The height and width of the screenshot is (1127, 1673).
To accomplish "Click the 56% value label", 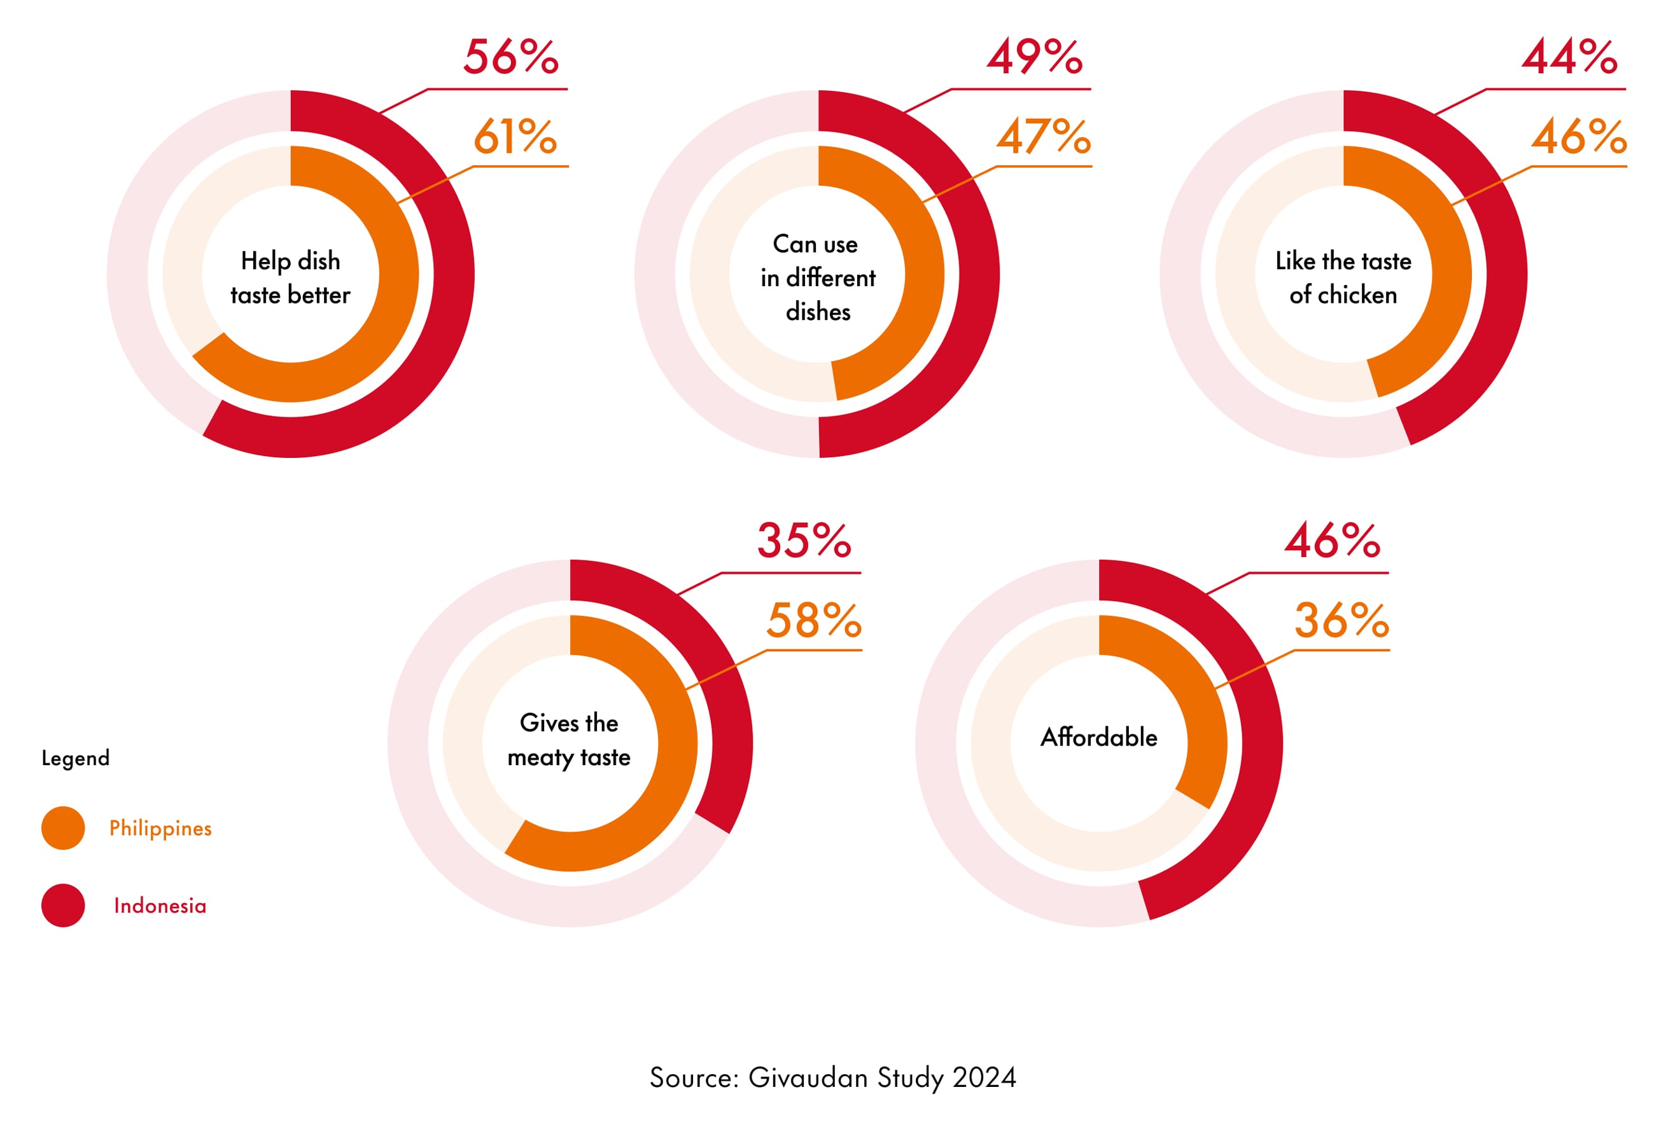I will coord(510,57).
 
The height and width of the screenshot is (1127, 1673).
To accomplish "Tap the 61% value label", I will coord(515,137).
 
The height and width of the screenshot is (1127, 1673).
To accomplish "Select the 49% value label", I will coord(1034,57).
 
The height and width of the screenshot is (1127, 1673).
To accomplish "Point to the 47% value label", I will coord(1043,137).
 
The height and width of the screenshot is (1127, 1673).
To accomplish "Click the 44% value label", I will coord(1569,57).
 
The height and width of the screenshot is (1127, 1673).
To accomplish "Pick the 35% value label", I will coord(804,541).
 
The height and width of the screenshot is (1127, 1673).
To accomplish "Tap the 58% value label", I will coord(813,620).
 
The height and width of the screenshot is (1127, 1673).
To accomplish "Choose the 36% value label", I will coord(1341,620).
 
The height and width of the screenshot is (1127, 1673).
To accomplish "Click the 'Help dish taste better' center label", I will coord(290,277).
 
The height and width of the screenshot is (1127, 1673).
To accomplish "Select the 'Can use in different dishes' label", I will coord(818,277).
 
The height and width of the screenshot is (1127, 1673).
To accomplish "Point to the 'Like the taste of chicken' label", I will coord(1343,277).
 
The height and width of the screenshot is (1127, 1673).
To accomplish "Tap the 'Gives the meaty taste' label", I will coord(569,740).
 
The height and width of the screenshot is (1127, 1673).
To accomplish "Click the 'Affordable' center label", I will coord(1098,737).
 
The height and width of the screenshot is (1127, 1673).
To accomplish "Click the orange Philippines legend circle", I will coord(63,828).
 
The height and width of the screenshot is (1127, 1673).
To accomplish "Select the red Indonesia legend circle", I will coord(63,906).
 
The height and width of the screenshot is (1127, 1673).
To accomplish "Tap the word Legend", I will coord(76,758).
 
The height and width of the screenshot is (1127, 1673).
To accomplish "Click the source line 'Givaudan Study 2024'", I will coord(832,1077).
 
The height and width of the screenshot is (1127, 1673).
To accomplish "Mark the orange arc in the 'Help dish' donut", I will coord(388,316).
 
